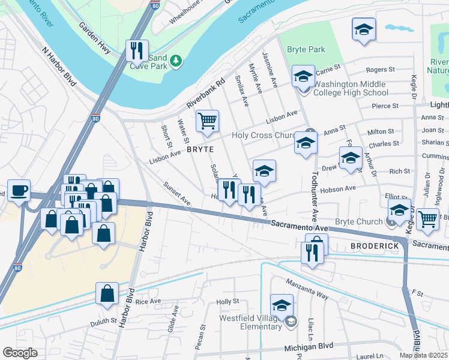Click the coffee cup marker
[18, 191]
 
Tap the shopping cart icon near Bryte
[207, 121]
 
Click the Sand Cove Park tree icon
[175, 61]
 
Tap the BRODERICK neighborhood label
[374, 247]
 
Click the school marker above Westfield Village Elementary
[282, 305]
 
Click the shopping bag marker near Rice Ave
[107, 294]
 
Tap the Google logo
[20, 352]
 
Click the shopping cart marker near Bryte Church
[427, 219]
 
